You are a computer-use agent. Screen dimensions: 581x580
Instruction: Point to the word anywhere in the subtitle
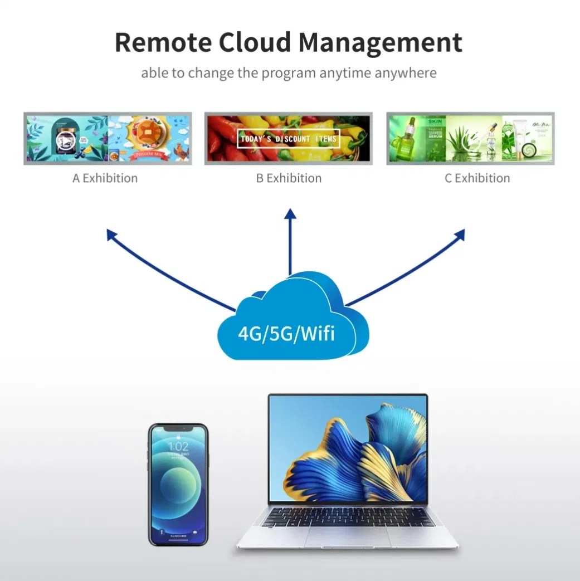coord(406,73)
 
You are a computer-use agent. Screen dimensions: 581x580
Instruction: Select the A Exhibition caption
coord(105,178)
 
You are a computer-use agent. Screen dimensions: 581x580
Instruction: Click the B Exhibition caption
coord(289,178)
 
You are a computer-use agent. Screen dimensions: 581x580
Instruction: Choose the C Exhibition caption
coord(477,178)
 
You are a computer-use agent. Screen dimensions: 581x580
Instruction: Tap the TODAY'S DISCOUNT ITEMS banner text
coord(288,139)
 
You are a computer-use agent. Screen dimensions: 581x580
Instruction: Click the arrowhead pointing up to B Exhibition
coord(289,214)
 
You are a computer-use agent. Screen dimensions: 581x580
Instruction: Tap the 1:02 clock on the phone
coord(178,447)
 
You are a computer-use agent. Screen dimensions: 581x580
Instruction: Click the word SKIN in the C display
coord(435,120)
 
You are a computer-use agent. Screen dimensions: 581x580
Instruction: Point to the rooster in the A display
coord(179,150)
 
